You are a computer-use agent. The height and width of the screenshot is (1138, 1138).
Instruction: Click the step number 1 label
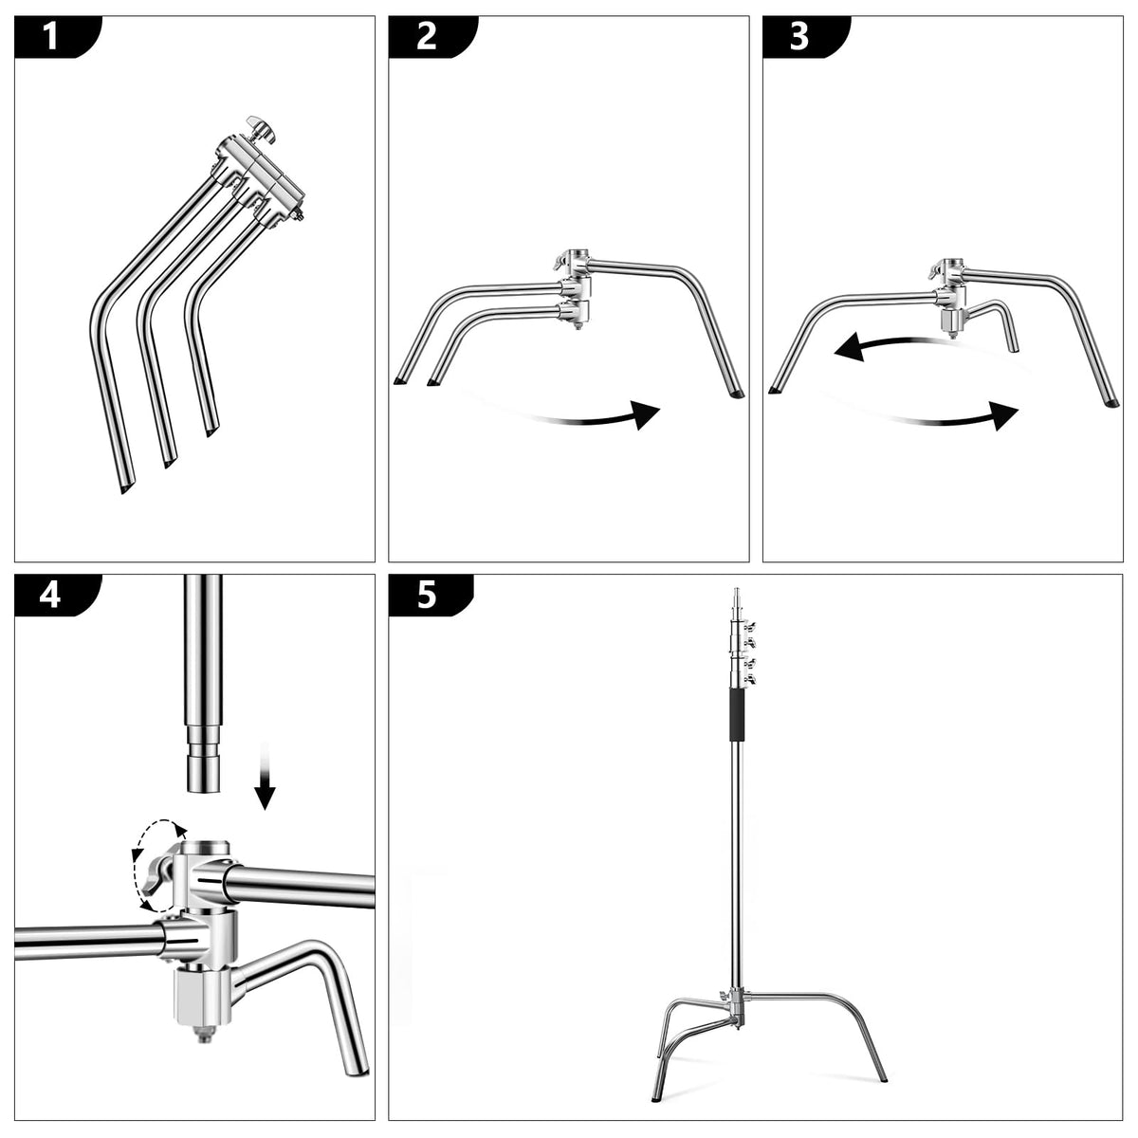tap(51, 37)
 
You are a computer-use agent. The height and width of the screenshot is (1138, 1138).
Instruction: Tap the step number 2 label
tap(427, 37)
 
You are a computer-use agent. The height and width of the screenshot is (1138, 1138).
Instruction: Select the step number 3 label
tap(799, 37)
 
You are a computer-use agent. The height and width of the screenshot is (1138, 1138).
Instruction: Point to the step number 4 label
tap(50, 596)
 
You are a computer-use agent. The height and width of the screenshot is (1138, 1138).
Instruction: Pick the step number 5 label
tap(427, 596)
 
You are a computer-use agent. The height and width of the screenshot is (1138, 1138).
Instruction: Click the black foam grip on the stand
tap(737, 715)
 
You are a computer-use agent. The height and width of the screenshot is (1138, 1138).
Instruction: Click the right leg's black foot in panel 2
tap(737, 394)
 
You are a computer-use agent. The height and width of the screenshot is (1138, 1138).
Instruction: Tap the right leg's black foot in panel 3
tap(1111, 403)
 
